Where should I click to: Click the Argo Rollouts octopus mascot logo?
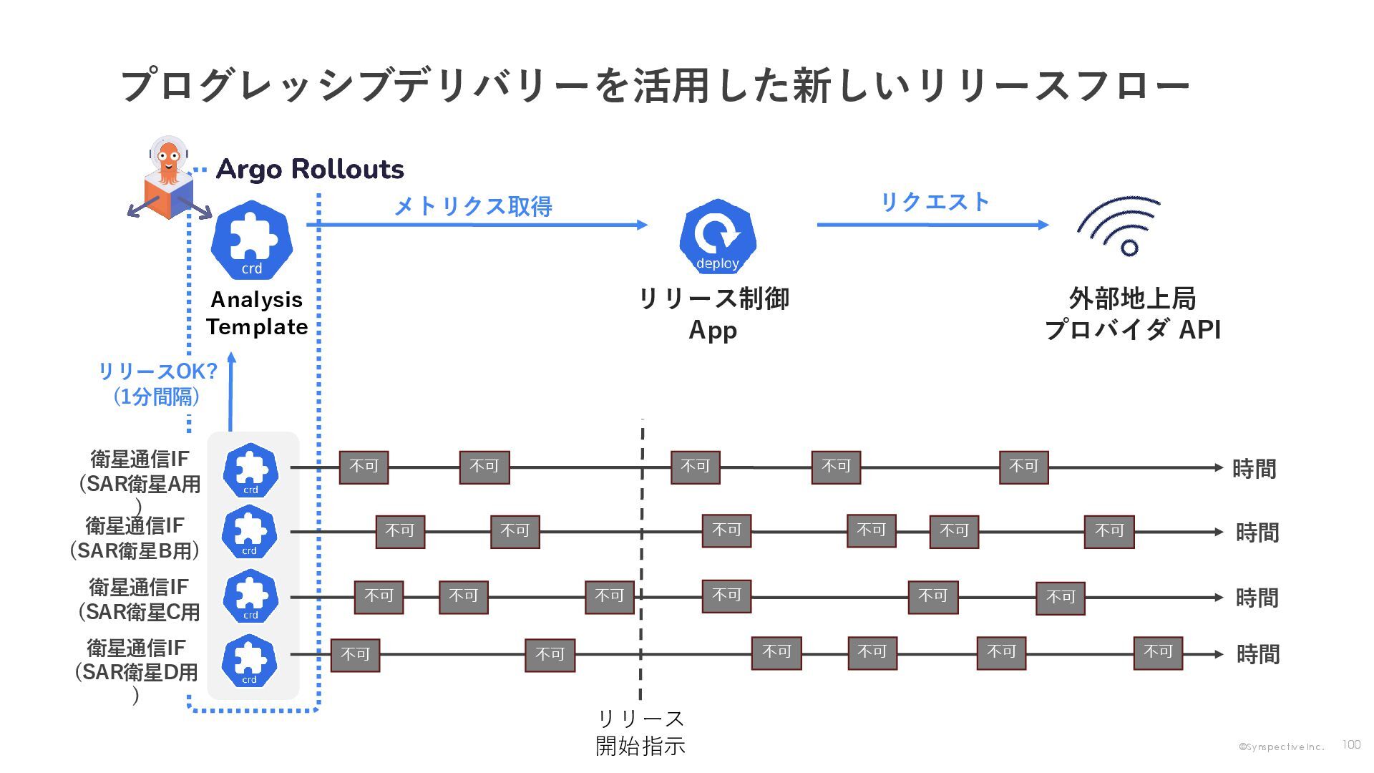pos(169,179)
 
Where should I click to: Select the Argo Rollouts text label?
pos(309,169)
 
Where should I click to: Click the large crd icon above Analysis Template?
pos(252,240)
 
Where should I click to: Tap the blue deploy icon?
pos(717,237)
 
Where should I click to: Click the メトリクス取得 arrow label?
pos(473,206)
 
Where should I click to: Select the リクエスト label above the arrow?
pos(934,202)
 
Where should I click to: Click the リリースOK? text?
pos(157,371)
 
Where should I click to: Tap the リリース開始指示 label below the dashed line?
pos(640,731)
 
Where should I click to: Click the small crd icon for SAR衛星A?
pos(250,470)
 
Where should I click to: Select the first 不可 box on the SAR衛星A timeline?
pos(364,467)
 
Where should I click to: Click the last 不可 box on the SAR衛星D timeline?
pos(1157,653)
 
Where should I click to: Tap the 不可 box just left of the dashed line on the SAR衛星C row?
pos(609,597)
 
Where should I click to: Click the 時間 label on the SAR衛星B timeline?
pos(1257,533)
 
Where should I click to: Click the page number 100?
pos(1351,744)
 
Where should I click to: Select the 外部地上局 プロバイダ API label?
pos(1132,313)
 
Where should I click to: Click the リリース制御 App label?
pos(713,313)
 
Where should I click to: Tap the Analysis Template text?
pos(257,313)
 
